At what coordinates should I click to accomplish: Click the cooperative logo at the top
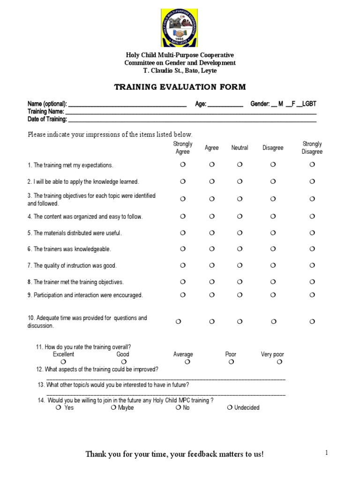(180, 27)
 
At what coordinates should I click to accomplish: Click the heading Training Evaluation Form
(180, 87)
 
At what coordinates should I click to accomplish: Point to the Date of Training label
(47, 119)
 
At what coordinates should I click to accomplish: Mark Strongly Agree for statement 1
(183, 165)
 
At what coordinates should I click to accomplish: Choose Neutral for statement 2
(240, 181)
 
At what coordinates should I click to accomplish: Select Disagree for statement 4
(273, 216)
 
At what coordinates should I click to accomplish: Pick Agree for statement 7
(212, 265)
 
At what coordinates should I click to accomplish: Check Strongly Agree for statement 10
(178, 321)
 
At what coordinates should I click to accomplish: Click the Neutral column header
(240, 148)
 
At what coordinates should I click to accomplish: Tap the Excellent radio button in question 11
(63, 362)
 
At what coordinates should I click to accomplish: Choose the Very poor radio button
(279, 362)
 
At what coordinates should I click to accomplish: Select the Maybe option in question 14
(113, 408)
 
